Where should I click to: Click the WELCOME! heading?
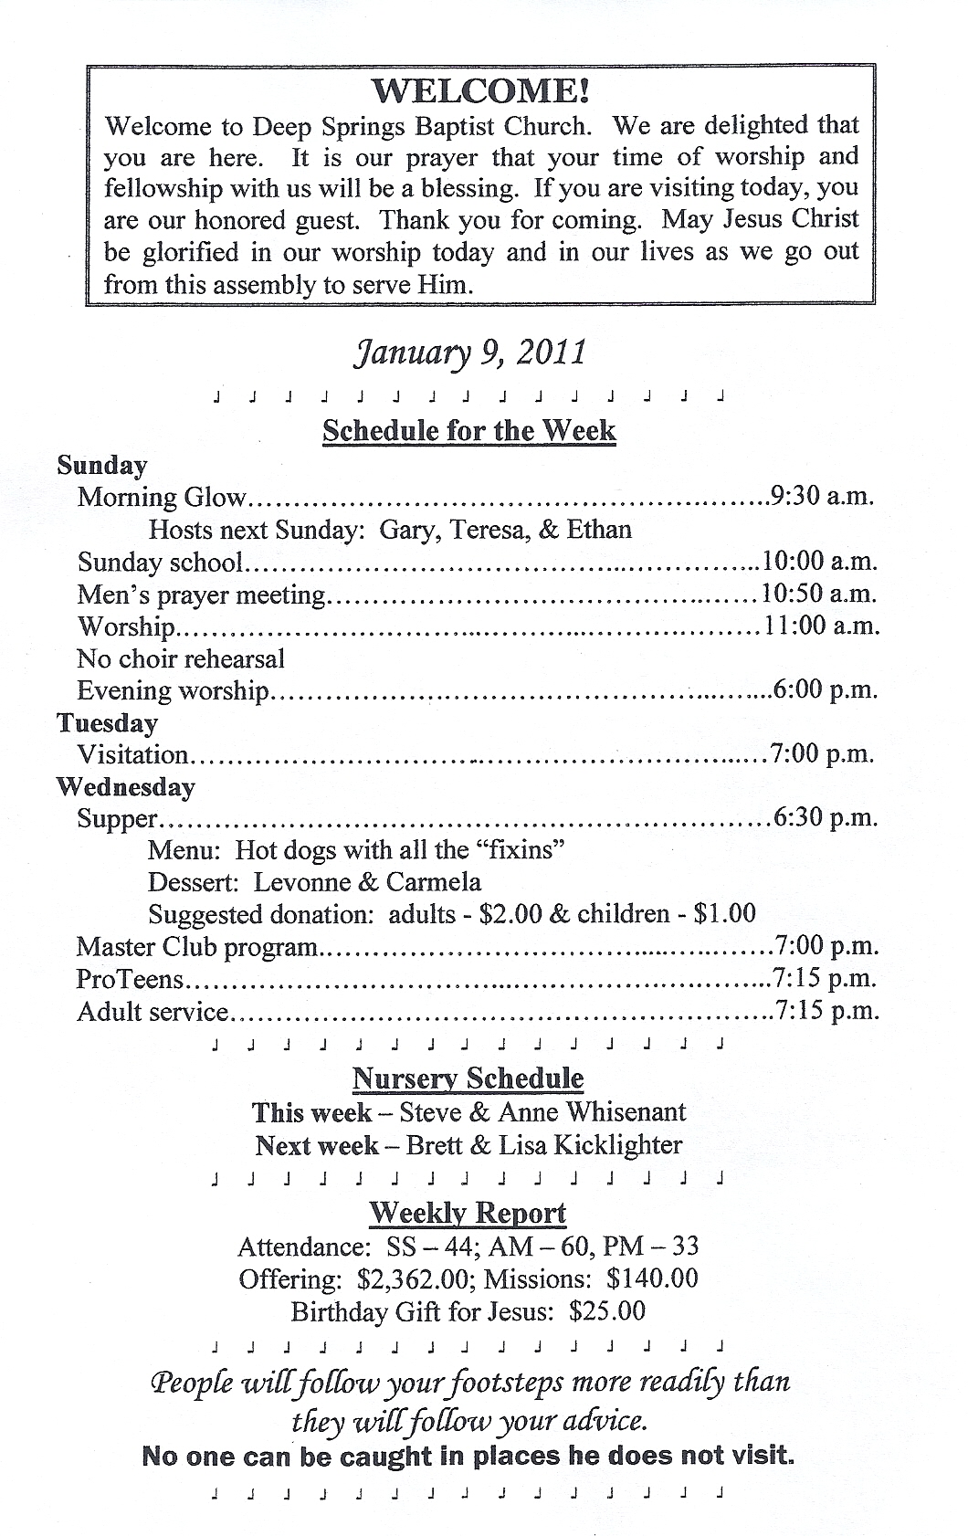480,90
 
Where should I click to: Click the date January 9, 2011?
469,352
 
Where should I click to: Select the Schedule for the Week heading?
469,431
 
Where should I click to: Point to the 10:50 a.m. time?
819,594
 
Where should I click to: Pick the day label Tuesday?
107,723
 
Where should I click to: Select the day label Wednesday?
126,787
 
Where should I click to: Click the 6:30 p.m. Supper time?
826,818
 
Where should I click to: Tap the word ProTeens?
131,980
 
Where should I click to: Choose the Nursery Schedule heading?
468,1078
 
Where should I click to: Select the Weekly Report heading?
468,1213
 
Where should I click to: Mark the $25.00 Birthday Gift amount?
606,1311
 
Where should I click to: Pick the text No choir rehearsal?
181,658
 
